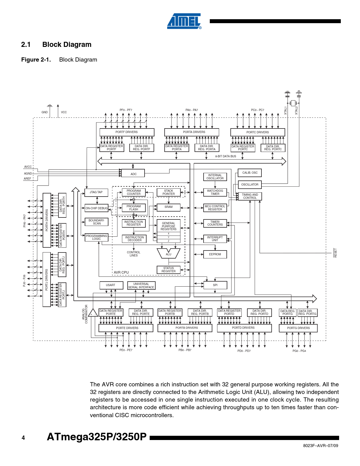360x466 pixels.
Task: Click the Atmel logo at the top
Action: (184, 21)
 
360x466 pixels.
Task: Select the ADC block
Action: (133, 173)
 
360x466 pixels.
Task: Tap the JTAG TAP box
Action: (96, 192)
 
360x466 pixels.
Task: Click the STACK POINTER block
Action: (169, 192)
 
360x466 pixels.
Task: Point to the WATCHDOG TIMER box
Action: (215, 192)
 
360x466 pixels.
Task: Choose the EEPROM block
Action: (215, 254)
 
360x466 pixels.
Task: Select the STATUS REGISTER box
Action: (169, 270)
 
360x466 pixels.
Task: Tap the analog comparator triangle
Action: (93, 313)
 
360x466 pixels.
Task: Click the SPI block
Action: (215, 285)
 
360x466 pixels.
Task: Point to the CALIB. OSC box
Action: (250, 173)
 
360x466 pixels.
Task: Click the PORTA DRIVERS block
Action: (192, 132)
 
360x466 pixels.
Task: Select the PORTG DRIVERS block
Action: (298, 328)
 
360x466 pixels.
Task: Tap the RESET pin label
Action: (335, 253)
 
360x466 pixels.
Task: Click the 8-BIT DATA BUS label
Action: (226, 156)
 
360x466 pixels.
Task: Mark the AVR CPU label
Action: (121, 273)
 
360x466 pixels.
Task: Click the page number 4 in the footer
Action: (23, 438)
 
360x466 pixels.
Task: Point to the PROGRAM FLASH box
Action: (134, 208)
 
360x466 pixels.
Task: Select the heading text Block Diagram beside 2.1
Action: (67, 44)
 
